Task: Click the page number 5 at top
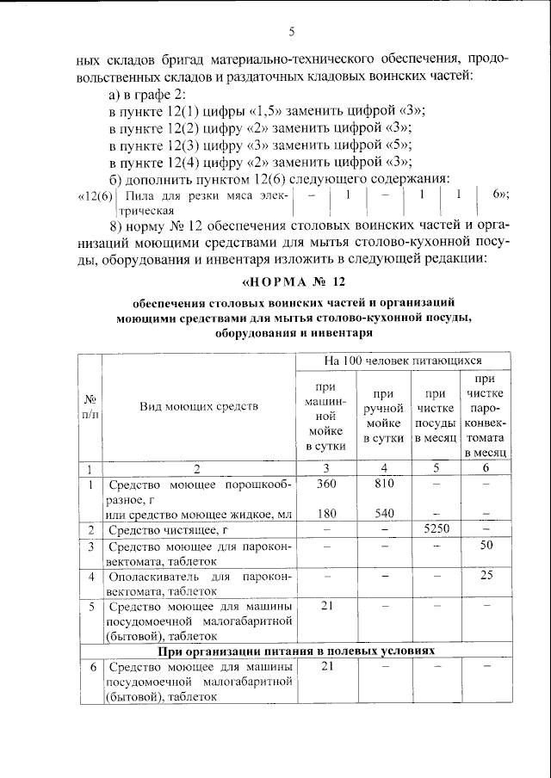[x=292, y=33]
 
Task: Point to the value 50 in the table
[x=486, y=545]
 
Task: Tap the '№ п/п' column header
[x=90, y=404]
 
